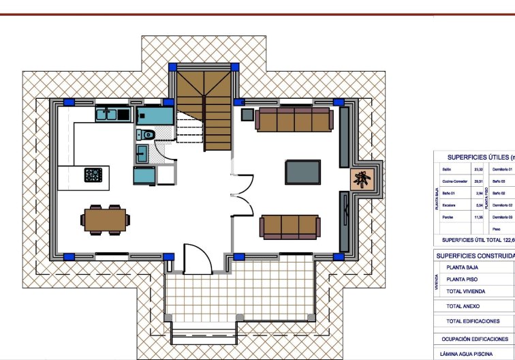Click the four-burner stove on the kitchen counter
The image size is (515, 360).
tap(93, 175)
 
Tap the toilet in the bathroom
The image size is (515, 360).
tap(146, 134)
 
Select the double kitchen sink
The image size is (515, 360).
tap(112, 115)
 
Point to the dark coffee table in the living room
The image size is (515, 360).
tap(303, 171)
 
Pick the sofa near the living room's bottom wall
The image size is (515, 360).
tap(290, 226)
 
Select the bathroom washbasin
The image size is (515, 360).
tap(142, 153)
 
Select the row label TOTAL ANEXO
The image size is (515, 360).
tap(463, 307)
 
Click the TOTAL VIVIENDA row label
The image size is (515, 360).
tap(467, 290)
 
